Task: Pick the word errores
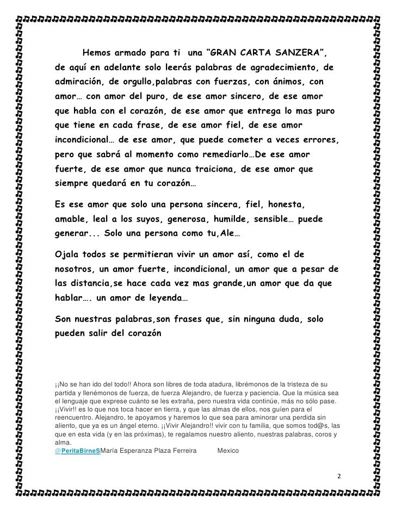tap(320, 140)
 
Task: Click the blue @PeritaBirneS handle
tap(78, 451)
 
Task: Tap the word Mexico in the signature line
tap(228, 451)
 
